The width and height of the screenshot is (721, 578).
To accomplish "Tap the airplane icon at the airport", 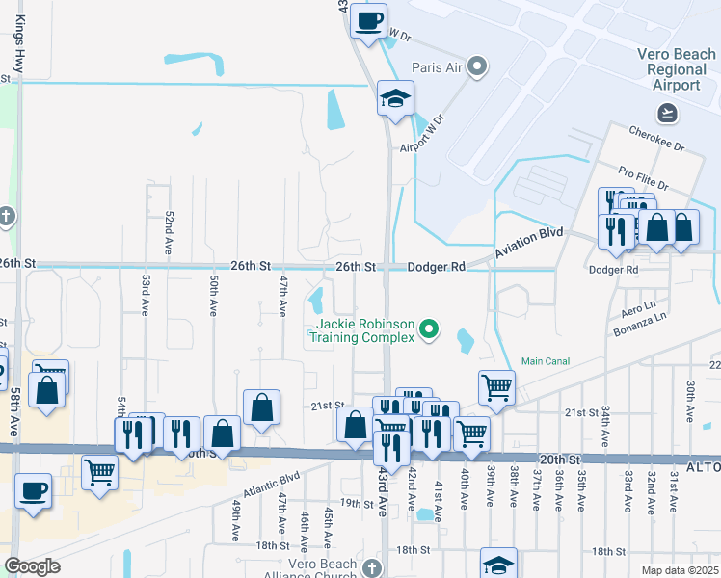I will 667,113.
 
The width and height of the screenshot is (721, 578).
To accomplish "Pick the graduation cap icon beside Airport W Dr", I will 394,99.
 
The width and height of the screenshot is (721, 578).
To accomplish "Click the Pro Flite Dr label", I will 644,176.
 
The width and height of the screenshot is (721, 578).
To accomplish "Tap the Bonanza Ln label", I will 641,330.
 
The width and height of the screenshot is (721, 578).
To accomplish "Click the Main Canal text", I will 547,361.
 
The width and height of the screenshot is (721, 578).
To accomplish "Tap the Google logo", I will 32,566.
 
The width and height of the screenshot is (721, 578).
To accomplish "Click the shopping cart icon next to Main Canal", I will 495,387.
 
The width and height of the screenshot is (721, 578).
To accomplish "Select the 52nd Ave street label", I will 169,232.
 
